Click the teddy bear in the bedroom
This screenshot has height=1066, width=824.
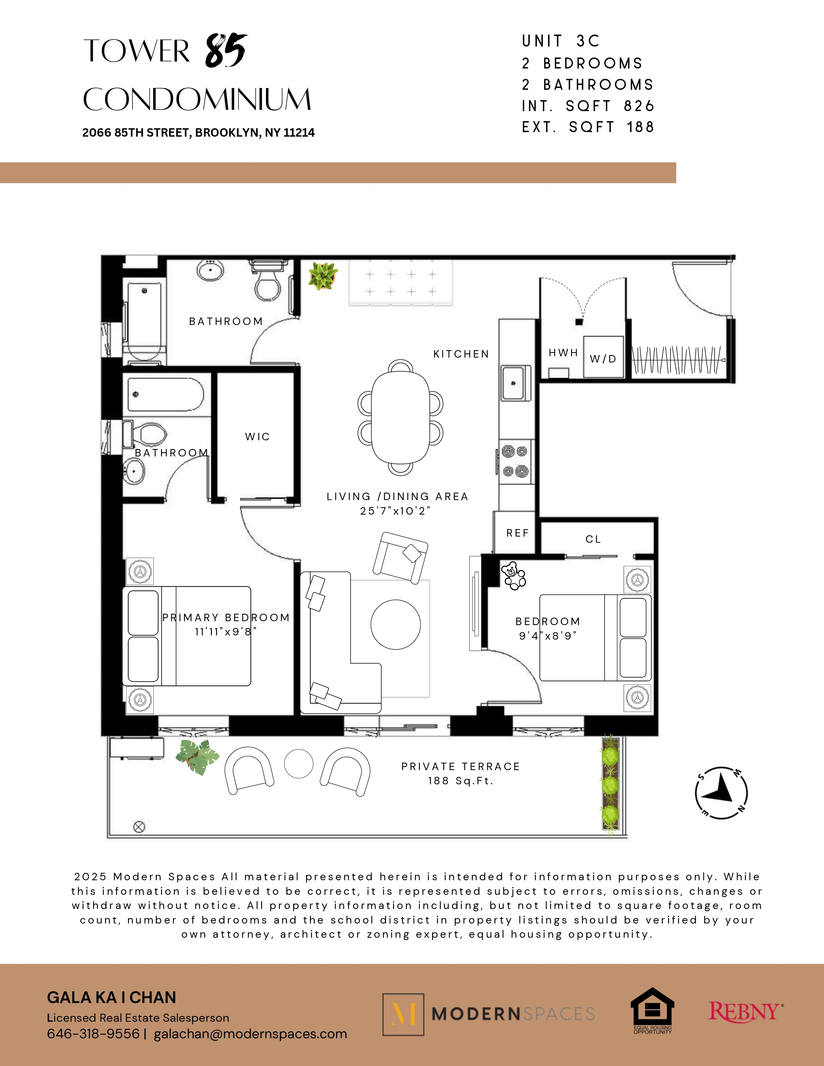(513, 575)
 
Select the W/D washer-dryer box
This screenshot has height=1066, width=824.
(603, 357)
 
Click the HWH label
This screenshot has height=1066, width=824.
(563, 352)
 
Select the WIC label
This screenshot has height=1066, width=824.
(257, 436)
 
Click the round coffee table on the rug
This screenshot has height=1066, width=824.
(396, 624)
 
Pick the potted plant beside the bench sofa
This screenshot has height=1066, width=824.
(323, 276)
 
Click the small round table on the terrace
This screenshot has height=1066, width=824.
(298, 763)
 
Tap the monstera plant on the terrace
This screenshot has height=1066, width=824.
(197, 757)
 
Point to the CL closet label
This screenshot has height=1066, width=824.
(593, 539)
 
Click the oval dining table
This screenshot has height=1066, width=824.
(400, 417)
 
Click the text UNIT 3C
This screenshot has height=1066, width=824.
(560, 41)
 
